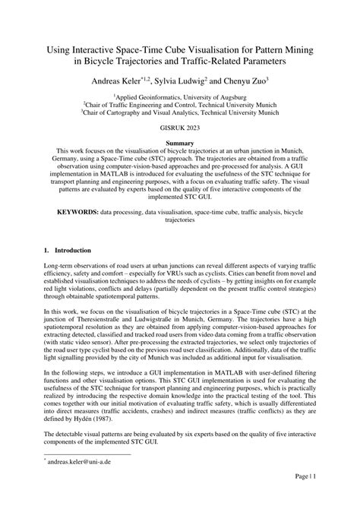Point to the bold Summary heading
click(180, 142)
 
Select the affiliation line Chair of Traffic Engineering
click(180, 106)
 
